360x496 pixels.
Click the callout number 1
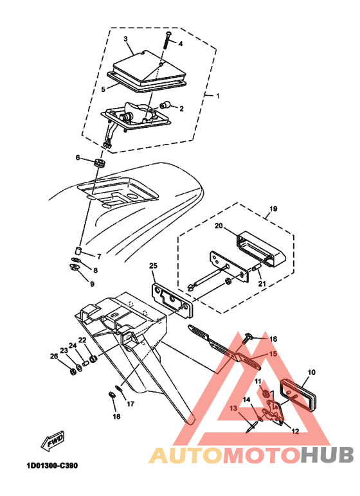(x=217, y=96)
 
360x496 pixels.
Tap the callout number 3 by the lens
(x=127, y=39)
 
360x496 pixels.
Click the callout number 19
(x=273, y=209)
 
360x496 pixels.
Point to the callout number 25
(x=153, y=265)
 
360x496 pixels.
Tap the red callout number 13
(x=234, y=408)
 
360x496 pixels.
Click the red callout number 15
(x=273, y=354)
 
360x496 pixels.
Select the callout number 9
(x=92, y=283)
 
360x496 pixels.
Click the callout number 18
(x=116, y=416)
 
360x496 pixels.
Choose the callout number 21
(x=262, y=284)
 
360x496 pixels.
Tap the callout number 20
(x=218, y=226)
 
